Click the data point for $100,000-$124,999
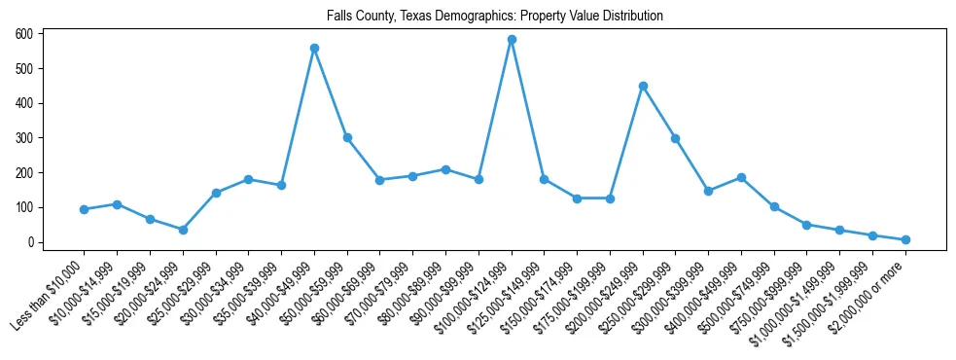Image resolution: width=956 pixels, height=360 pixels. (x=512, y=40)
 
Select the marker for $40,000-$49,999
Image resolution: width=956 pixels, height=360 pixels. (x=314, y=48)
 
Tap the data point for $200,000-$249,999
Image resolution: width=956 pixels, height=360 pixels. (x=643, y=86)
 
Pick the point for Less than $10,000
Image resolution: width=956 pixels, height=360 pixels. (x=85, y=209)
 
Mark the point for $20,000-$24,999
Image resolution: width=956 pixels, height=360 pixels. (x=183, y=230)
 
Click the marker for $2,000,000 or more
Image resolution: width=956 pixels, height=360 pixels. (x=905, y=239)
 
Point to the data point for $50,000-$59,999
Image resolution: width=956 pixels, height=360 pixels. (x=347, y=137)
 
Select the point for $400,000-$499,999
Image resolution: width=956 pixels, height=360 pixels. (x=741, y=178)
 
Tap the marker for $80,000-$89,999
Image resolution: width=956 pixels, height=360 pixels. (x=445, y=169)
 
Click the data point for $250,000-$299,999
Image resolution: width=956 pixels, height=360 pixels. (x=675, y=138)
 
